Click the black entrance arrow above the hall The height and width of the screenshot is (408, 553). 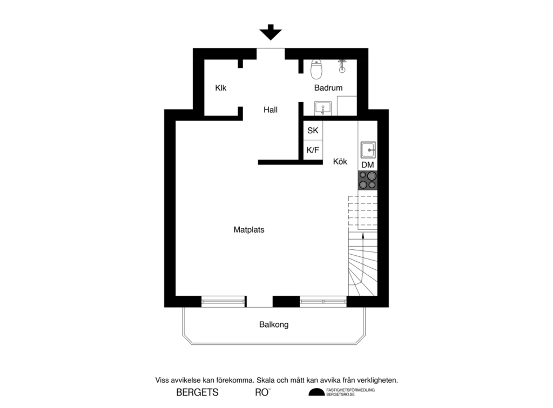[x=271, y=33]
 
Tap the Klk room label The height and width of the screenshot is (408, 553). [x=220, y=88]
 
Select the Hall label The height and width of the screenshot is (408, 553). [x=271, y=110]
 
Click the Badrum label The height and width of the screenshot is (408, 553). [x=328, y=88]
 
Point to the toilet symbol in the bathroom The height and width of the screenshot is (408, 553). [x=317, y=69]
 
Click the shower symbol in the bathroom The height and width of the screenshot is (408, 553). [x=342, y=66]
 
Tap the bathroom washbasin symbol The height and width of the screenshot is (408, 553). [x=323, y=108]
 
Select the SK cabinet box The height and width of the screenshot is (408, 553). [x=313, y=130]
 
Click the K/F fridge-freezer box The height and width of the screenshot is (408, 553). [x=313, y=150]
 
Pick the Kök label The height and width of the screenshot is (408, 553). [x=340, y=161]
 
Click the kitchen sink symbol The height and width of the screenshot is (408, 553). [x=368, y=148]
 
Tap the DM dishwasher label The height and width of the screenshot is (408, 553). [x=368, y=165]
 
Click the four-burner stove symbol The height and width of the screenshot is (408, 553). [x=368, y=180]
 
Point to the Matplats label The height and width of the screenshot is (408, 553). [x=249, y=229]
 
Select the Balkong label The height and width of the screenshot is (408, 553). [x=274, y=324]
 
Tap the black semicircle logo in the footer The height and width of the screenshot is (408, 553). [x=316, y=393]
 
